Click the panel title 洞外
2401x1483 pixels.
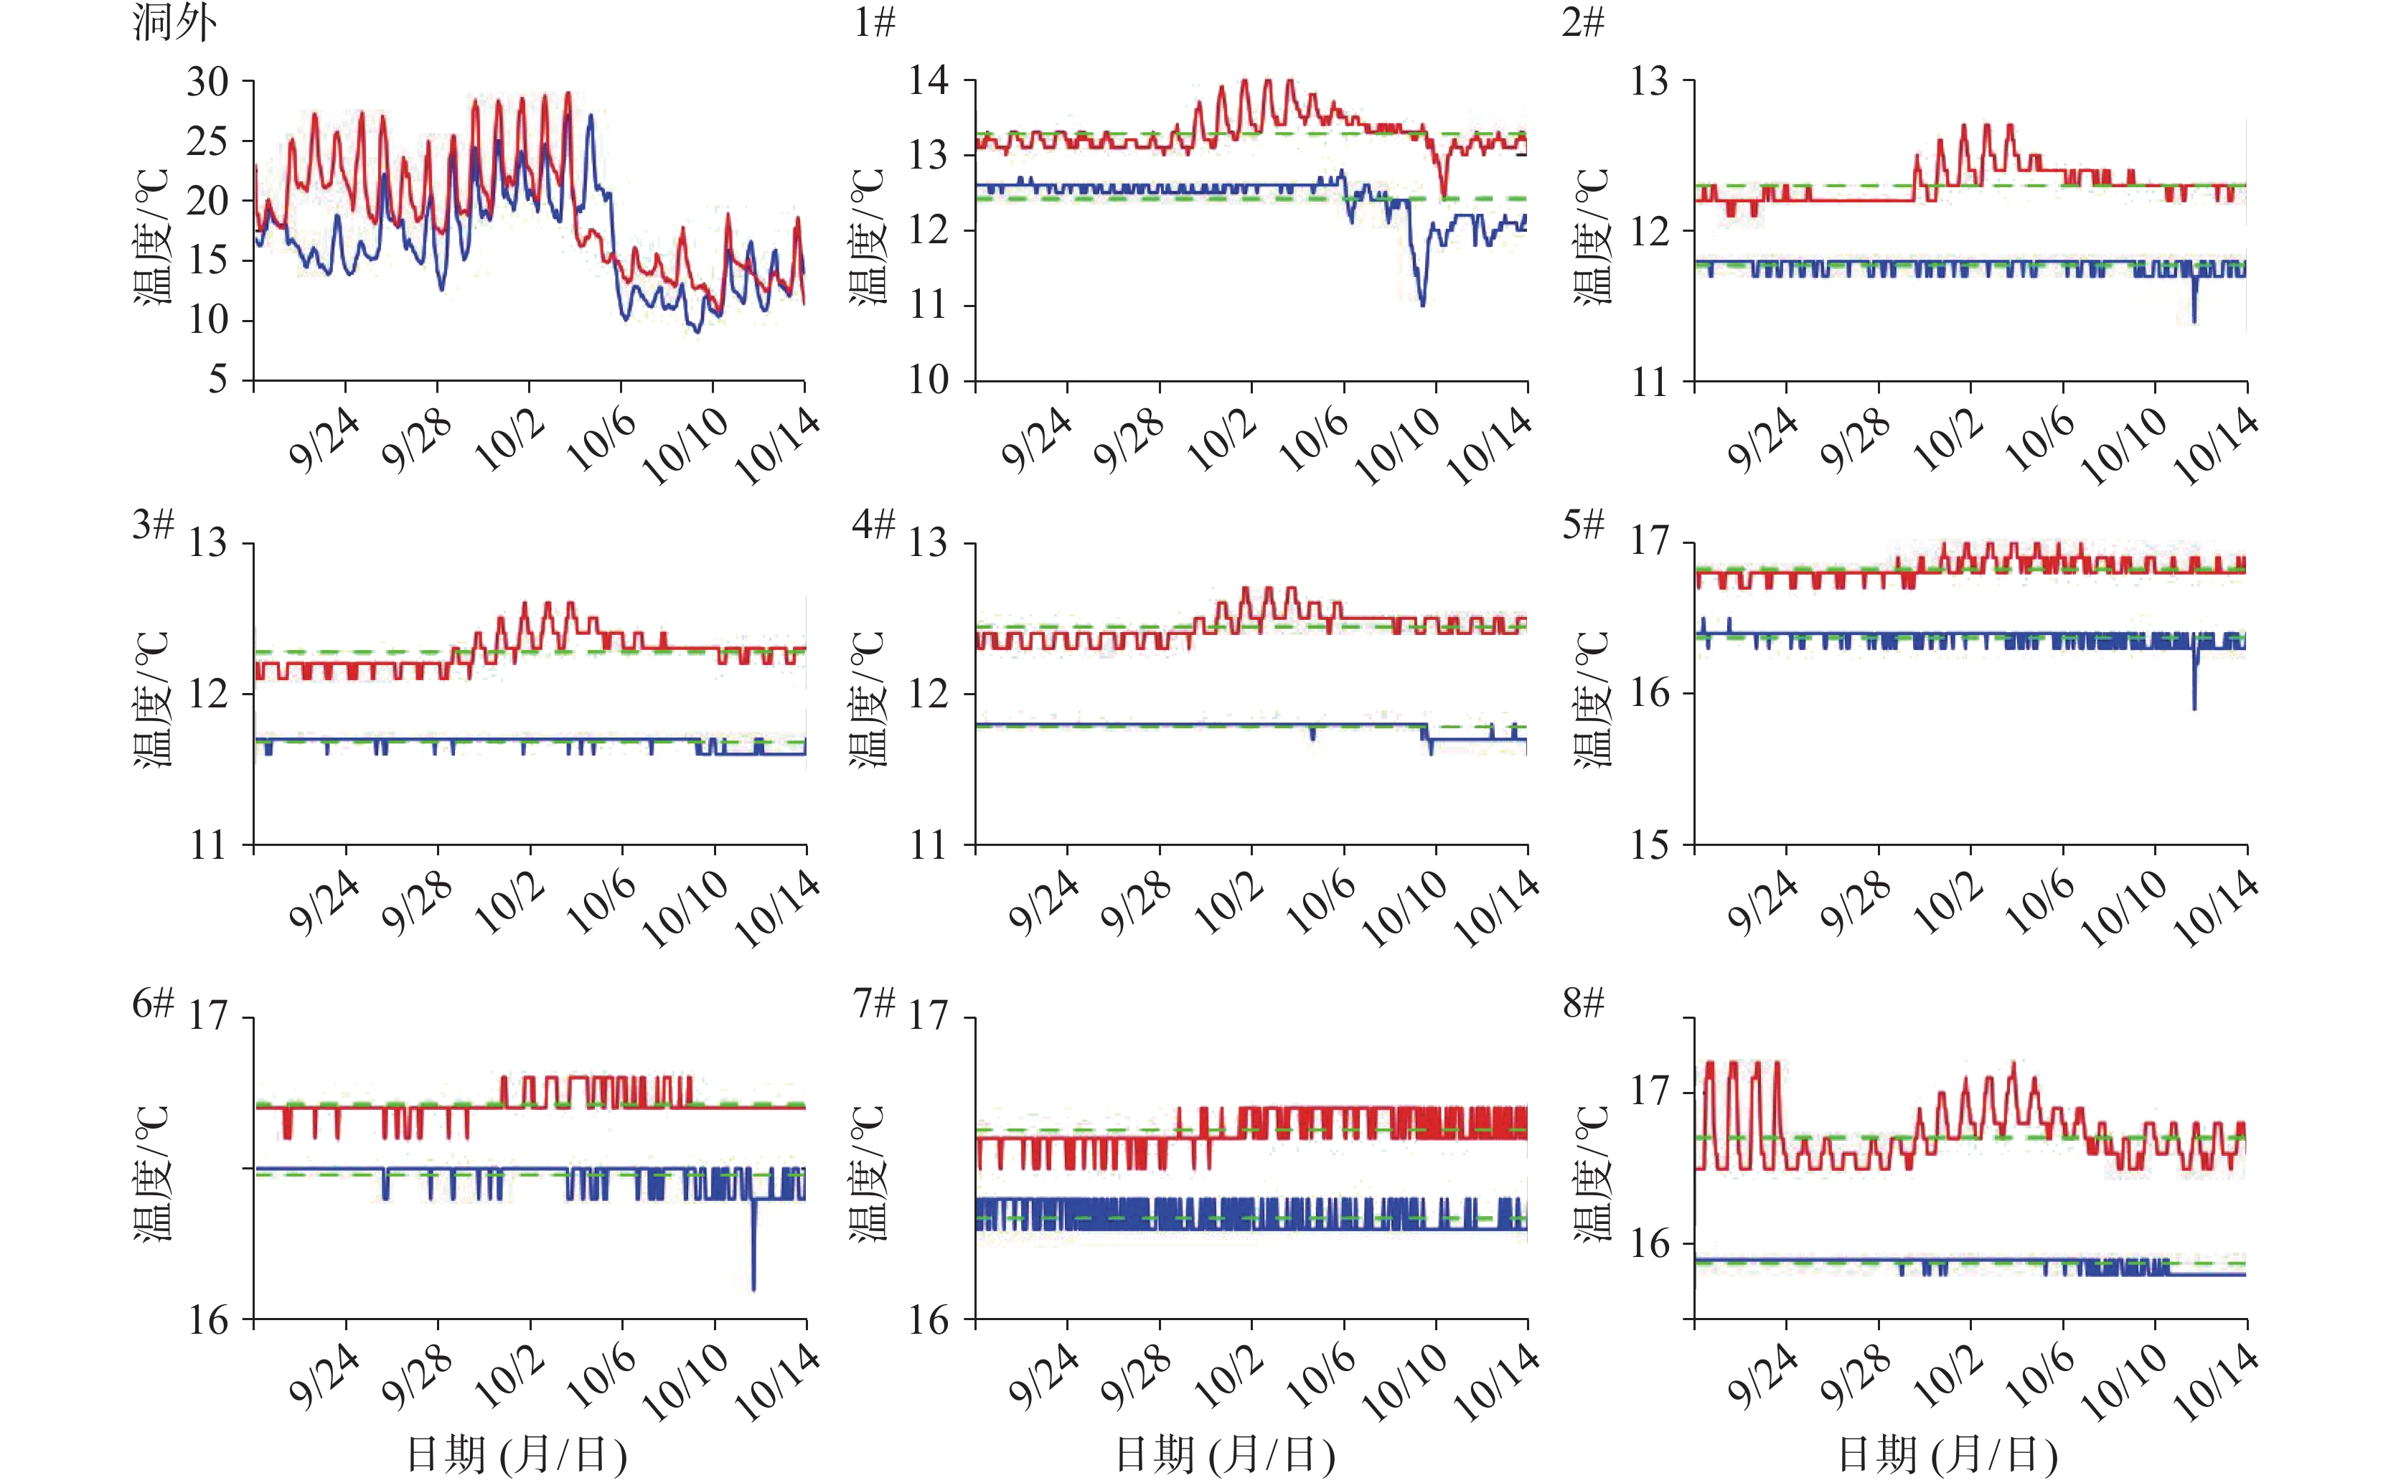click(174, 22)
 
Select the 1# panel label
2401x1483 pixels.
click(874, 22)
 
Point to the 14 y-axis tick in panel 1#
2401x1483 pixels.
click(928, 80)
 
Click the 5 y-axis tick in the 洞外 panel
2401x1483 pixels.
click(217, 380)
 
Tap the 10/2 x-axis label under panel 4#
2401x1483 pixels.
click(1229, 904)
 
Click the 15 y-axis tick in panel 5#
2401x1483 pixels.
click(1649, 844)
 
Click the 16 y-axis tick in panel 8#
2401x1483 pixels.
click(1649, 1243)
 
